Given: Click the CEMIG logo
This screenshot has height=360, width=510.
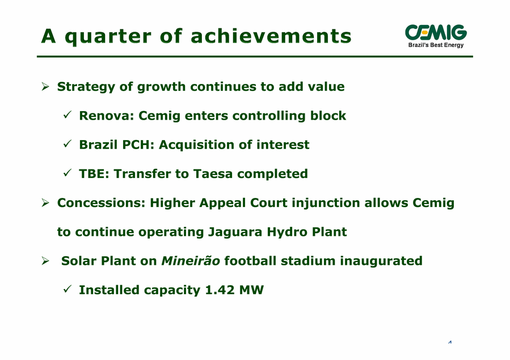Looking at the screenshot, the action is click(436, 36).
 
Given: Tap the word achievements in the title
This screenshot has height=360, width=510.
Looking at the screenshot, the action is click(271, 36).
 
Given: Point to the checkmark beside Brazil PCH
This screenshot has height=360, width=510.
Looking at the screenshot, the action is click(68, 144).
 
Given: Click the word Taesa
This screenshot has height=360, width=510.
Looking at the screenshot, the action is click(213, 174).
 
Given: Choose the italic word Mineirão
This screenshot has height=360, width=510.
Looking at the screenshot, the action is click(191, 261).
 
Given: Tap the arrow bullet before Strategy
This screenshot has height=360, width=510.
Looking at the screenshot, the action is click(45, 87).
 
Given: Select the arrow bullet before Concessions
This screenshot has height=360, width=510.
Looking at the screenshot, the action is click(45, 203).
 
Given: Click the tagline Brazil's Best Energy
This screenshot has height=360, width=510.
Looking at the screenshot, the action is click(436, 45).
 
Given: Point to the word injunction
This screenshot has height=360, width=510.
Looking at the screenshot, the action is click(326, 204).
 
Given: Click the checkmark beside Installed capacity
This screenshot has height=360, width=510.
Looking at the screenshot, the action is click(68, 289).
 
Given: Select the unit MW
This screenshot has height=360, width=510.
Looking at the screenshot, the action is click(251, 290).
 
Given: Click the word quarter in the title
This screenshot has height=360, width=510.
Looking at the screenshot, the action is click(108, 37).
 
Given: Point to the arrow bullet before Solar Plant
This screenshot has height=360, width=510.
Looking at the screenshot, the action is click(45, 261).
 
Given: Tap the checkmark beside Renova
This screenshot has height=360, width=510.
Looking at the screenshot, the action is click(68, 115).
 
